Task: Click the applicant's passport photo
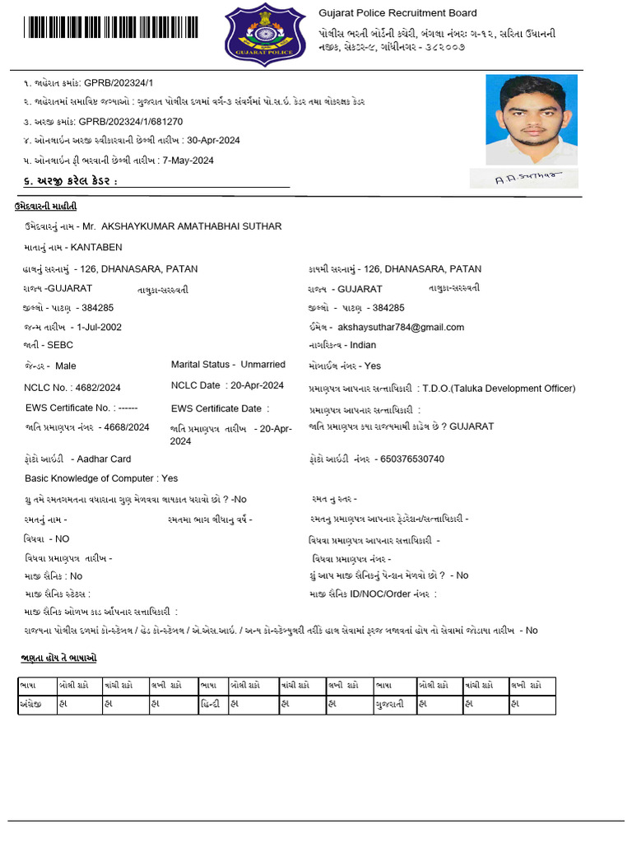tap(532, 119)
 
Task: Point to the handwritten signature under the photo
tap(524, 179)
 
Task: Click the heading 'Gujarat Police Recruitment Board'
tap(397, 13)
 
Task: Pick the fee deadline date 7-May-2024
tap(188, 161)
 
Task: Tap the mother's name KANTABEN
tap(96, 247)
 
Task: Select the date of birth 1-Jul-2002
tap(100, 327)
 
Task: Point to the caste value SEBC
tap(60, 345)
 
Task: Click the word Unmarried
tap(263, 364)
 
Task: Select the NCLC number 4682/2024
tap(95, 388)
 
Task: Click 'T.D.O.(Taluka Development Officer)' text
tap(499, 389)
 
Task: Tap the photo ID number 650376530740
tap(409, 459)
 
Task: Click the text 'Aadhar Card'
tap(101, 459)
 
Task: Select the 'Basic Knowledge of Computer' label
tap(90, 478)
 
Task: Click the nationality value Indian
tap(363, 345)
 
